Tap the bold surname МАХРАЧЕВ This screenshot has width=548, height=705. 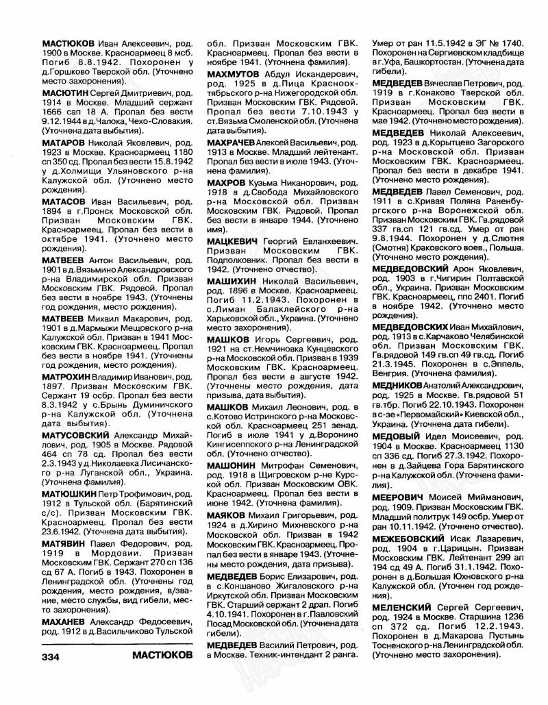tap(233, 136)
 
